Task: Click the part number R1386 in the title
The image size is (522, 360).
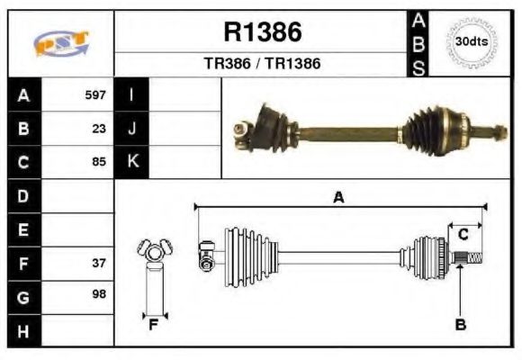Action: pyautogui.click(x=262, y=33)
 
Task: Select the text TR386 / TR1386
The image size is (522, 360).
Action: pyautogui.click(x=262, y=64)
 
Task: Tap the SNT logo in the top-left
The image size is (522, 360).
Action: pyautogui.click(x=60, y=41)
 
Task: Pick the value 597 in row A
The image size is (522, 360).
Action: pyautogui.click(x=95, y=94)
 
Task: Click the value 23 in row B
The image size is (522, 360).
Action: pyautogui.click(x=99, y=129)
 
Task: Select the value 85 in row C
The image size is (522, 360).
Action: pyautogui.click(x=99, y=163)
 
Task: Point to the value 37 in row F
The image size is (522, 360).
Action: pyautogui.click(x=99, y=264)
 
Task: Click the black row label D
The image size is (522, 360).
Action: pyautogui.click(x=23, y=195)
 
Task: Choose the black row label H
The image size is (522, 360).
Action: pyautogui.click(x=23, y=330)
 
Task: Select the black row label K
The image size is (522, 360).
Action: pyautogui.click(x=132, y=162)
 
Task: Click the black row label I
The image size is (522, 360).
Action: pyautogui.click(x=132, y=94)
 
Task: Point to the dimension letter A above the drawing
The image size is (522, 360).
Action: pyautogui.click(x=338, y=197)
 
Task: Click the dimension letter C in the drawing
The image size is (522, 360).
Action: pyautogui.click(x=463, y=234)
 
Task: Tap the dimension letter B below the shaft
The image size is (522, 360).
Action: pyautogui.click(x=460, y=325)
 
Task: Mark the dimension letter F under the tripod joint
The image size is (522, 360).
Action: pyautogui.click(x=154, y=325)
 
